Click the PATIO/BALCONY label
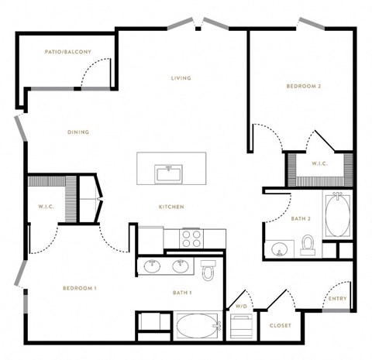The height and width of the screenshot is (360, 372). (68, 52)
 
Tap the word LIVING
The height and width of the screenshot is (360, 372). (181, 78)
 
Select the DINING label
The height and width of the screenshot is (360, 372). (78, 132)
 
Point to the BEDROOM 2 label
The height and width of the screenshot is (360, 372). (304, 86)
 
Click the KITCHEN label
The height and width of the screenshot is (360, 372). (171, 207)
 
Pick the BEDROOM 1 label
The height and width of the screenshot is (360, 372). (80, 288)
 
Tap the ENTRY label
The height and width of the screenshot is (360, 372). (337, 299)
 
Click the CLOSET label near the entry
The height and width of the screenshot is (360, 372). (281, 326)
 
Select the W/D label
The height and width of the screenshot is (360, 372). (241, 307)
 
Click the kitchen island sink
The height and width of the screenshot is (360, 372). (168, 174)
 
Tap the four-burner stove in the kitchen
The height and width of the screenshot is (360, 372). (191, 238)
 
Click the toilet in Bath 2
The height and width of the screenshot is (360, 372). (308, 245)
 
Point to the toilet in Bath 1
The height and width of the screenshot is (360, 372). (208, 270)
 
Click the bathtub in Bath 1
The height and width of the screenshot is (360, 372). (198, 326)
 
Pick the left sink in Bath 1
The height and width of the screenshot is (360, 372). (152, 266)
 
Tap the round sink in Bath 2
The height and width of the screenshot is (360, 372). (279, 249)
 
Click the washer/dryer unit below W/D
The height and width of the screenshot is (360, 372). (241, 326)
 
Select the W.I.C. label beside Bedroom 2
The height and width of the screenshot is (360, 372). (319, 163)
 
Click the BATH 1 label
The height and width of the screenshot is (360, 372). (182, 293)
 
